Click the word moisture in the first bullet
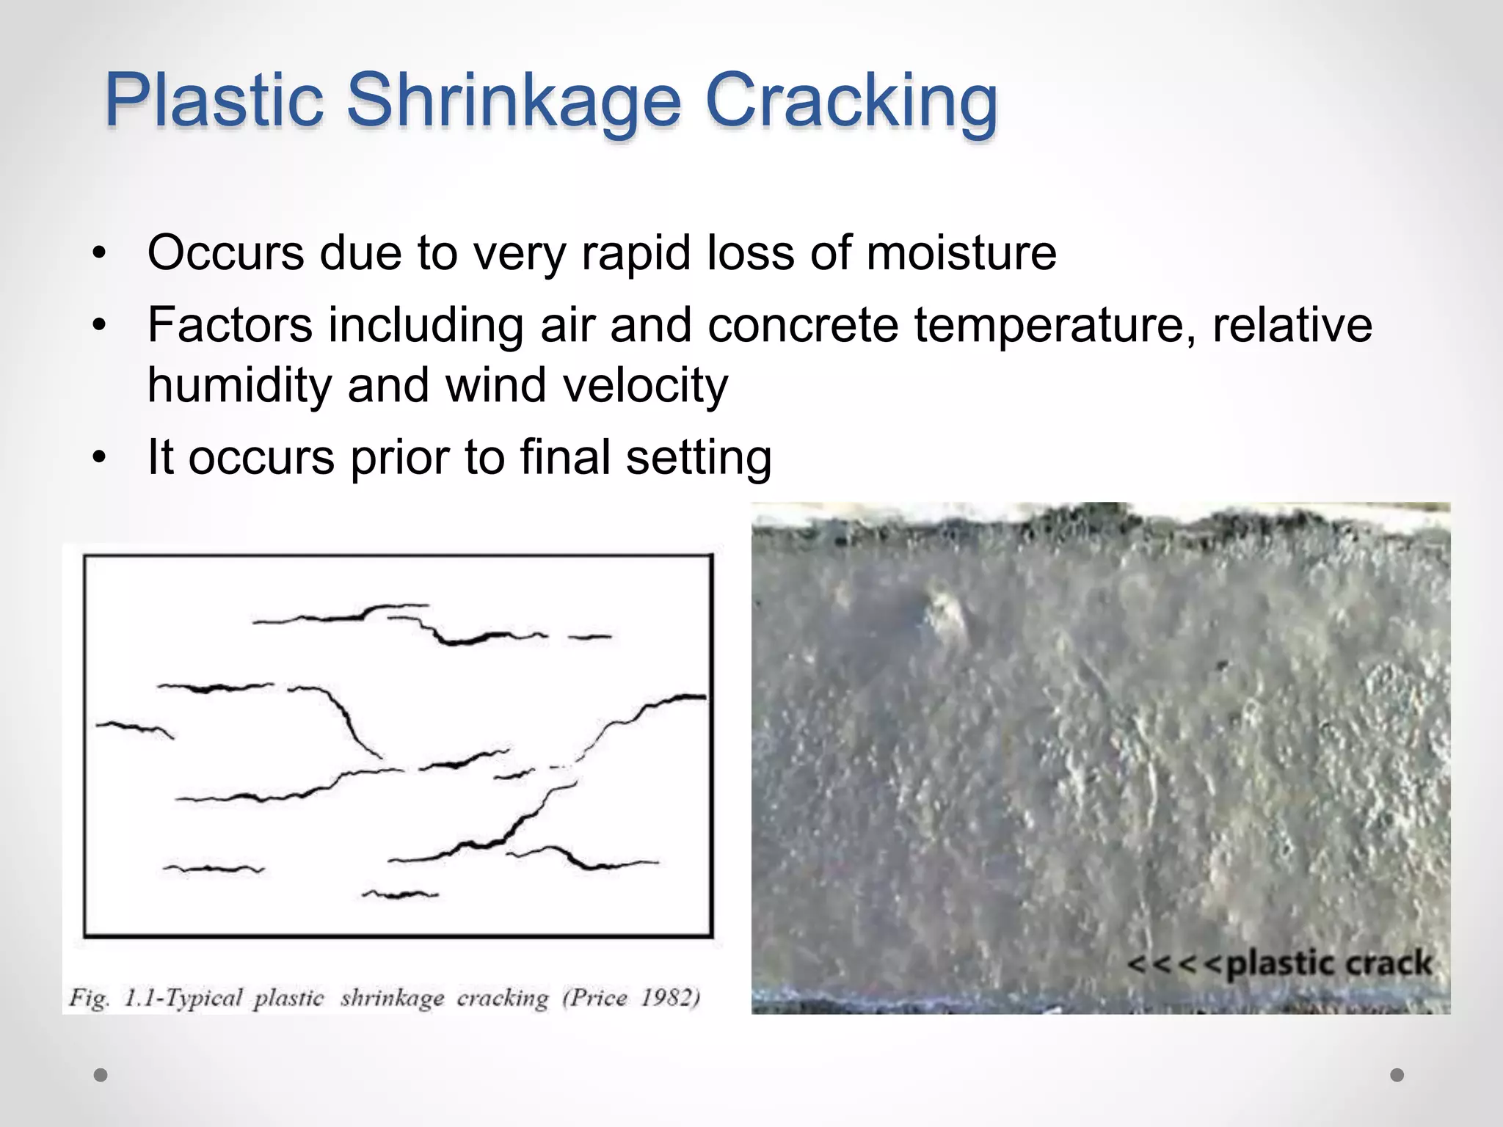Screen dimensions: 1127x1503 (961, 253)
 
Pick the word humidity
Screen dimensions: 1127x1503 (239, 385)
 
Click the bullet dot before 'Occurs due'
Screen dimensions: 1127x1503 (100, 254)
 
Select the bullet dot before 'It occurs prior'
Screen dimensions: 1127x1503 (100, 458)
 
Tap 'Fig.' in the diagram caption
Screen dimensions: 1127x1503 (90, 998)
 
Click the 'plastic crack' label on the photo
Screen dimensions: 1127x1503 (1328, 963)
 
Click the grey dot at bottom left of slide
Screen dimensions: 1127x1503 (101, 1075)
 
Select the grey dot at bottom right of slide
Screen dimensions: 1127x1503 (1397, 1075)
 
